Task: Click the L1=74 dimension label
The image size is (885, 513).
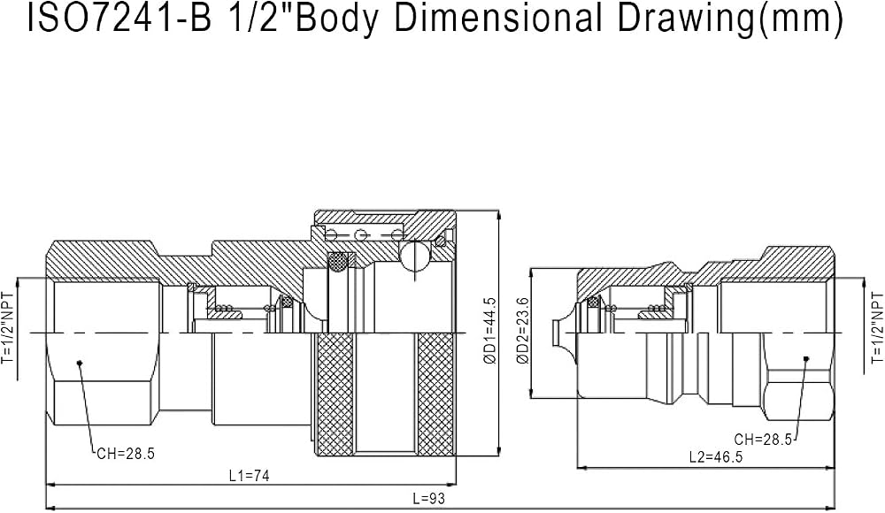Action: [x=250, y=476]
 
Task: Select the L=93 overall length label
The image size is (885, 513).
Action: [x=428, y=498]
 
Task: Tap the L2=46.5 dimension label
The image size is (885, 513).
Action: [x=716, y=457]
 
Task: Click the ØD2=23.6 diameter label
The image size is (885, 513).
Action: [x=523, y=331]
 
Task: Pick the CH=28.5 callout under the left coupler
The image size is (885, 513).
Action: [x=126, y=454]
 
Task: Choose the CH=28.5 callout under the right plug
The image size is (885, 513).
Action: [x=763, y=440]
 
